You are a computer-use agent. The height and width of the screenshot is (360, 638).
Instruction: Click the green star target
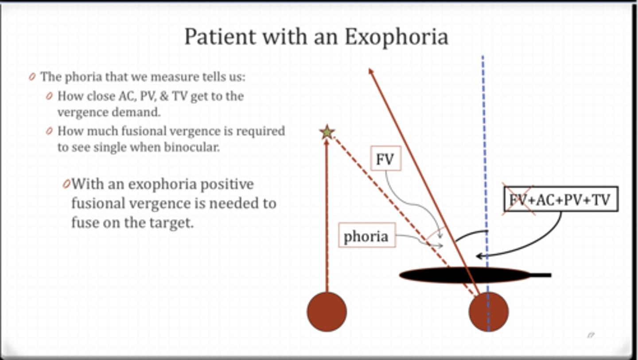(x=327, y=132)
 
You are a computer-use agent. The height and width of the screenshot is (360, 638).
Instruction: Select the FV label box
(x=385, y=159)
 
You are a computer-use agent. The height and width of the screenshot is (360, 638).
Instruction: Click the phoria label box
(x=366, y=235)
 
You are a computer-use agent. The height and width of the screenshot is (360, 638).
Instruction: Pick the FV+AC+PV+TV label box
(x=561, y=200)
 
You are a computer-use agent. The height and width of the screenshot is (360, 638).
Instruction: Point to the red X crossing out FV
(x=518, y=200)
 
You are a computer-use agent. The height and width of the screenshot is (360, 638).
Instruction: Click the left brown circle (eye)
(x=327, y=312)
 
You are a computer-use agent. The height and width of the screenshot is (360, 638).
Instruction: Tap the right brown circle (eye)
(x=488, y=312)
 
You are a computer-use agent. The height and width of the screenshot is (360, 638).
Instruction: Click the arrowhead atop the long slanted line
(x=370, y=71)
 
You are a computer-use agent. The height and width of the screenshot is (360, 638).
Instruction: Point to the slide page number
(x=590, y=335)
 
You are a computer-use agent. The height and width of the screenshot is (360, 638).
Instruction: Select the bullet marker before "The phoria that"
(x=32, y=77)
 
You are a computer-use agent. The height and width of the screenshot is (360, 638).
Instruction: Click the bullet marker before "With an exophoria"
(x=66, y=184)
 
